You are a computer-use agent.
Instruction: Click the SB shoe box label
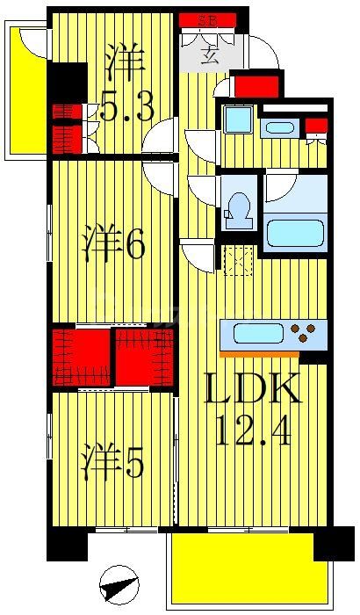[x=209, y=18]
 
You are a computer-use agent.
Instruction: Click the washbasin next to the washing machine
[x=279, y=127]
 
